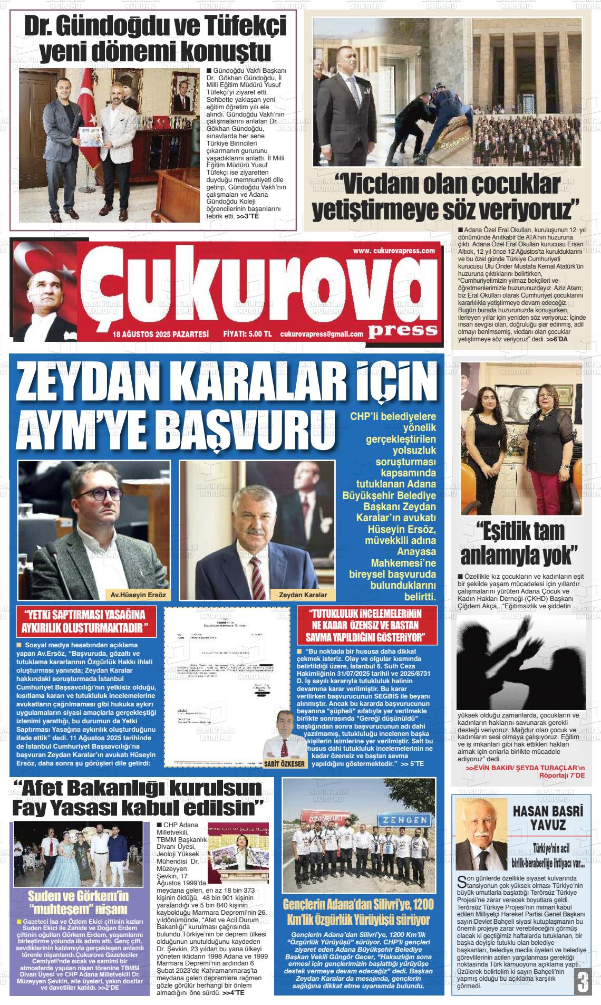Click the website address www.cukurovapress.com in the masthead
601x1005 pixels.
pyautogui.click(x=393, y=251)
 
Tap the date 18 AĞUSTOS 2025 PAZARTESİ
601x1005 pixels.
pyautogui.click(x=161, y=334)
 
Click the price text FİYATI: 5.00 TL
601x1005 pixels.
pyautogui.click(x=247, y=334)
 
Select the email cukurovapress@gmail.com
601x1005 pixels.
pyautogui.click(x=322, y=334)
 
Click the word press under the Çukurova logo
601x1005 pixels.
pyautogui.click(x=403, y=330)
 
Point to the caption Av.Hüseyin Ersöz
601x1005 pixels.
pyautogui.click(x=138, y=595)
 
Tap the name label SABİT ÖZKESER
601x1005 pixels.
pyautogui.click(x=286, y=763)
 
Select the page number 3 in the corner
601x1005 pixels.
pyautogui.click(x=583, y=982)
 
